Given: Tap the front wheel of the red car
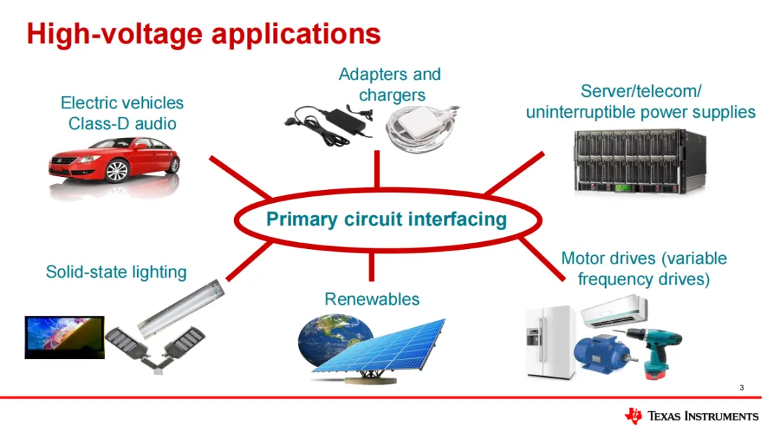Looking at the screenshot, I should click(116, 171).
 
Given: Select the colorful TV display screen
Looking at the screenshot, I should click(64, 337).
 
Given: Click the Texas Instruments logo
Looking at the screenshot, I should click(691, 416).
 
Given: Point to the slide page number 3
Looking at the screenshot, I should click(741, 389).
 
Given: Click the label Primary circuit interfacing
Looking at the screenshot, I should click(386, 219).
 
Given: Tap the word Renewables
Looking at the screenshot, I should click(371, 299).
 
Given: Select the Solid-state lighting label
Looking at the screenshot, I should click(116, 272).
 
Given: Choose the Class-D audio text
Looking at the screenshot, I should click(122, 123).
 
